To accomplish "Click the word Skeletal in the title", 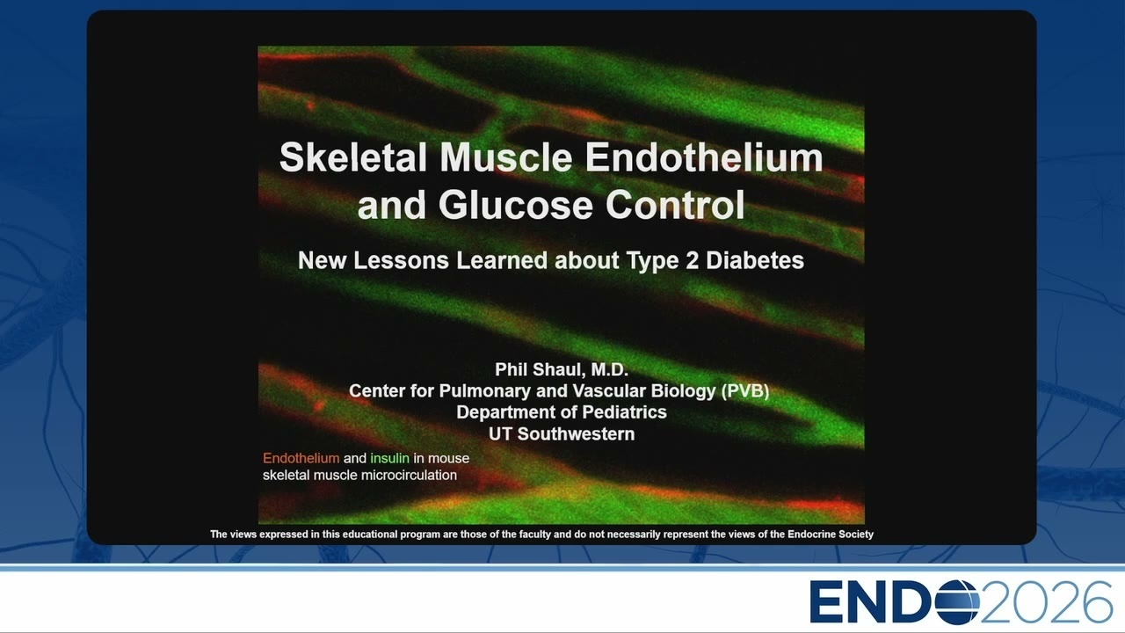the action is (x=353, y=157).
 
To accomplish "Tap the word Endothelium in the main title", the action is (x=704, y=157).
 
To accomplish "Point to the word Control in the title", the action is (x=675, y=206).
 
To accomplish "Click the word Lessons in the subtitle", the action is (x=401, y=260).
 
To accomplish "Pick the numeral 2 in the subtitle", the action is (x=693, y=260).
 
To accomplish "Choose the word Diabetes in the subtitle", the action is (x=755, y=260).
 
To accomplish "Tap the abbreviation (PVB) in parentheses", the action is (x=744, y=391).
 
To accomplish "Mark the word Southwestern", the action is (x=576, y=433).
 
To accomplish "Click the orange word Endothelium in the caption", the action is (x=301, y=458).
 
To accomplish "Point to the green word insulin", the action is (x=389, y=458).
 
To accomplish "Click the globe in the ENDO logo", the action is (x=957, y=601).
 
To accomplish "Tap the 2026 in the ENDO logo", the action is (x=1046, y=601).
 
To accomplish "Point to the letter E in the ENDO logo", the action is (x=825, y=601).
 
